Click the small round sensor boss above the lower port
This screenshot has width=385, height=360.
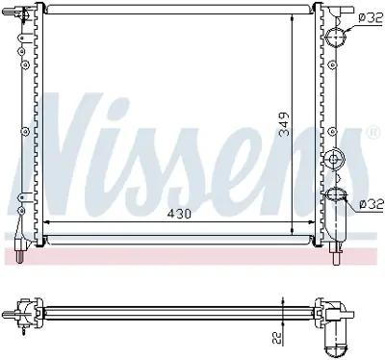tap(333, 159)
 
